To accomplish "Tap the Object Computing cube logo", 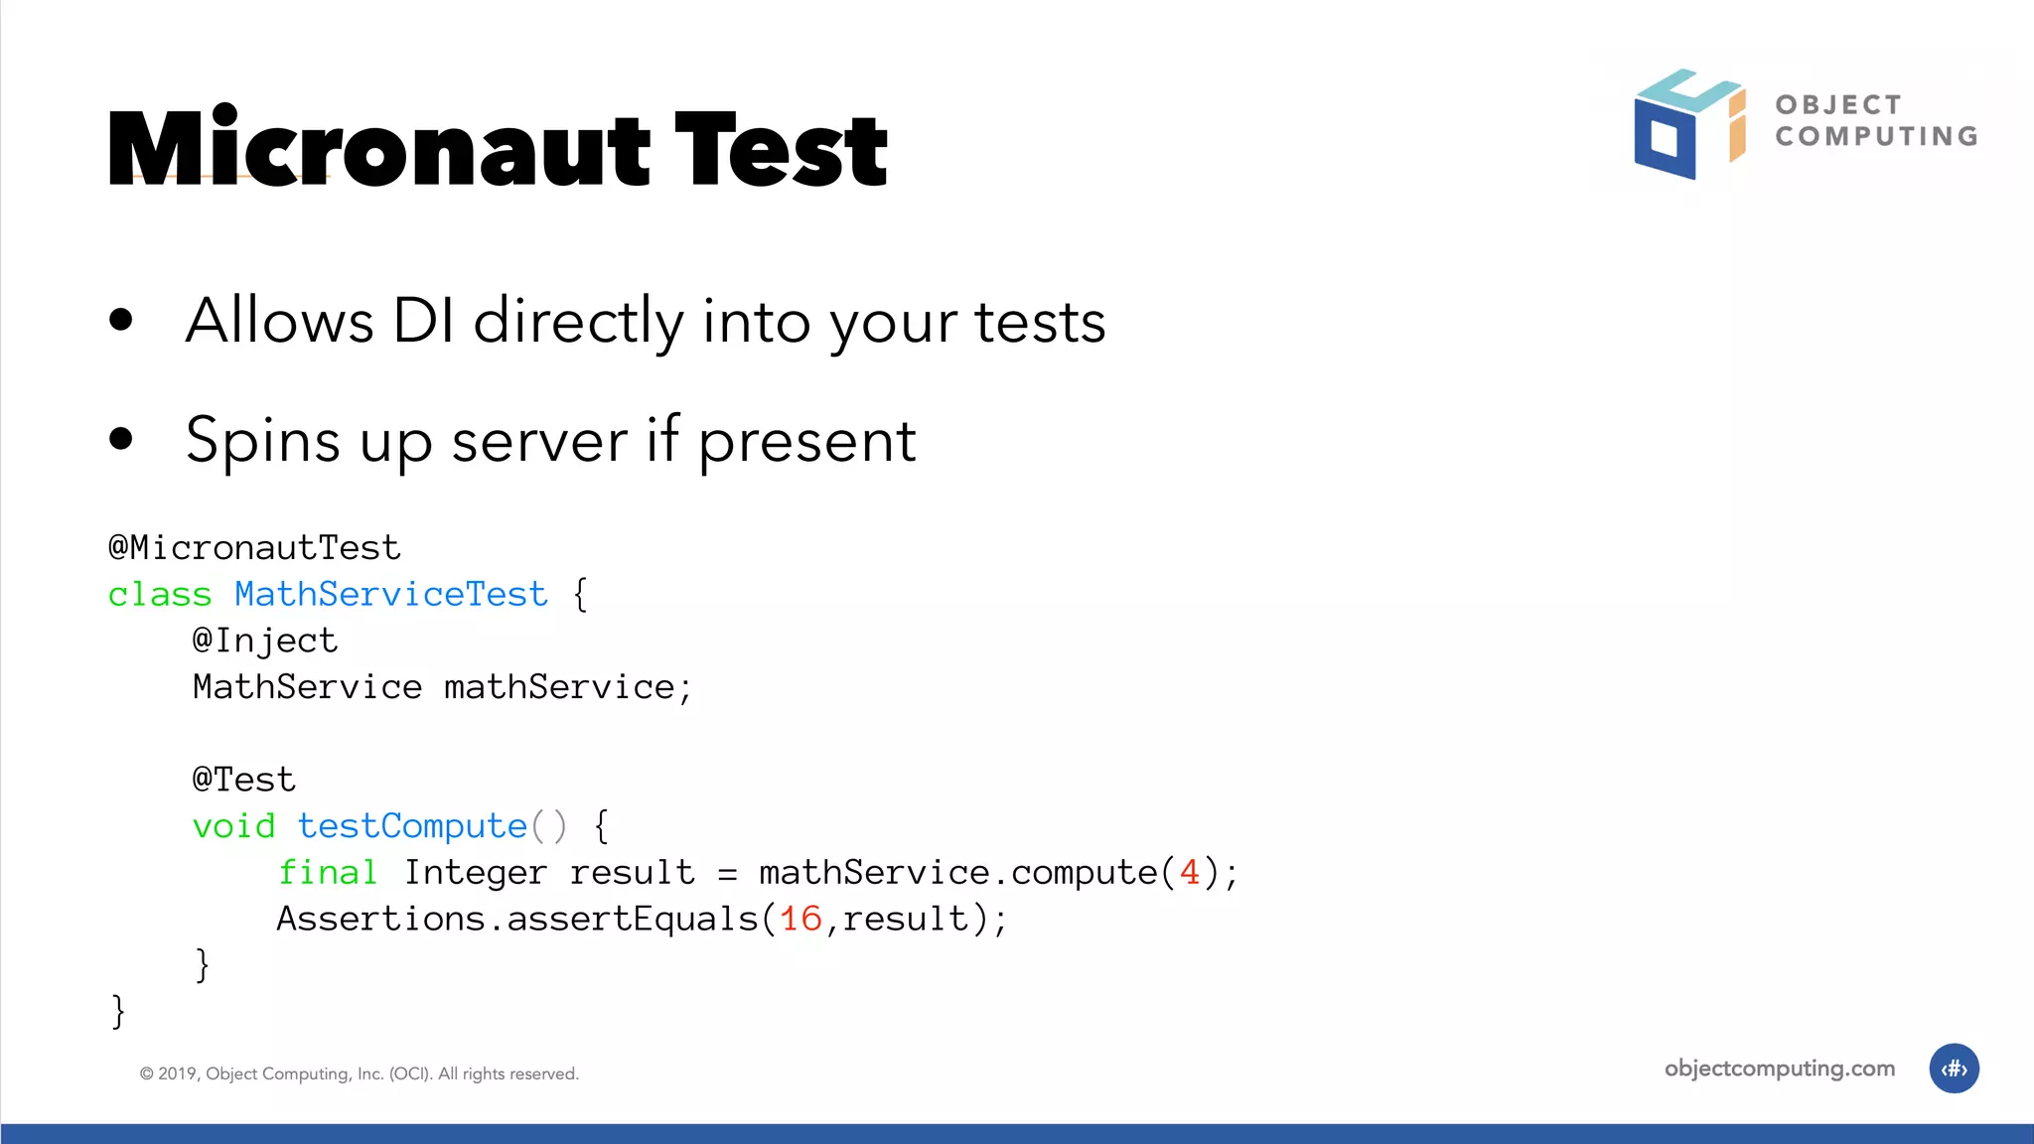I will click(x=1687, y=124).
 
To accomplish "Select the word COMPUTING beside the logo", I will click(x=1876, y=136).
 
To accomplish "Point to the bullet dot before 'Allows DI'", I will click(x=121, y=320).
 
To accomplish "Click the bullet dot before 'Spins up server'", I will click(x=121, y=438).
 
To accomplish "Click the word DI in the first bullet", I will click(x=423, y=321).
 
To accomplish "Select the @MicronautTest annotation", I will click(x=254, y=547).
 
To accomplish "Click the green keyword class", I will click(x=160, y=594).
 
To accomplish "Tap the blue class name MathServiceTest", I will click(x=390, y=594).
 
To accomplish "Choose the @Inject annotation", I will click(x=265, y=641).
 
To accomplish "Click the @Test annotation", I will click(x=244, y=780).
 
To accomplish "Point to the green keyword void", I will click(x=233, y=826).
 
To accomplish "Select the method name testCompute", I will click(x=412, y=826).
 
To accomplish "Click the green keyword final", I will click(x=328, y=872).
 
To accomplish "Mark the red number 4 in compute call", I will click(x=1189, y=872).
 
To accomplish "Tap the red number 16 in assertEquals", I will click(x=800, y=919).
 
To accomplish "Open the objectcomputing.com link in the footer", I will click(x=1779, y=1069).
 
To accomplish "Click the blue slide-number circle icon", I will click(x=1954, y=1069).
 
